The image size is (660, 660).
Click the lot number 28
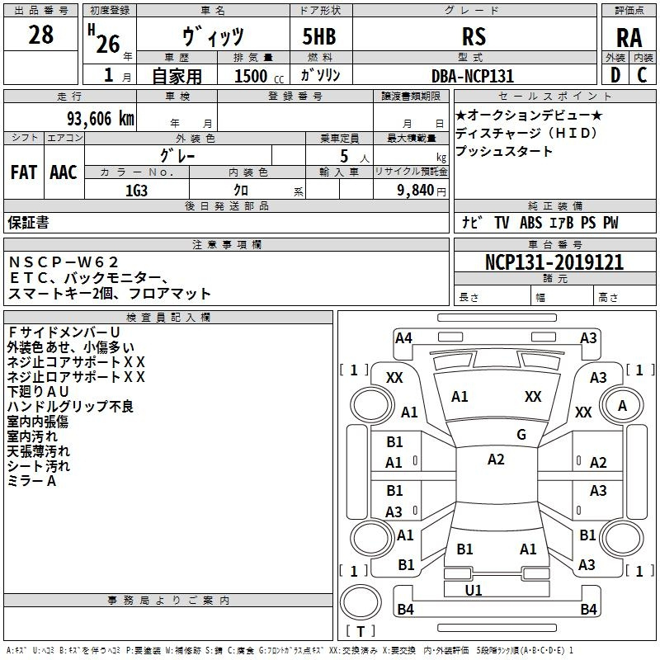(40, 35)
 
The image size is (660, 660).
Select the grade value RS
(474, 36)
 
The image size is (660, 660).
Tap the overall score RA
(629, 38)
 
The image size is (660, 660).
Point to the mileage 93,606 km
(100, 119)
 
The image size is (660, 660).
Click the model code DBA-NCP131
(473, 76)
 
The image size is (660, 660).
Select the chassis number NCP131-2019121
(554, 262)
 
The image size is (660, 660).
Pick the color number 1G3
(136, 191)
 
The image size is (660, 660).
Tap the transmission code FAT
(24, 172)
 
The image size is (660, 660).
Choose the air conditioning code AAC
(64, 172)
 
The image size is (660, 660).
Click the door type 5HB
(319, 36)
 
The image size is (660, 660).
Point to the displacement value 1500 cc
(259, 76)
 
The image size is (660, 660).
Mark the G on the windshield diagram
(521, 435)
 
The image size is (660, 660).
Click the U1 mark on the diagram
(474, 591)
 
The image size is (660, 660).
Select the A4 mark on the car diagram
(403, 338)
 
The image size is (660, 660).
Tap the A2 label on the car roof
(496, 460)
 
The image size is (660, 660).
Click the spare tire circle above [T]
(361, 602)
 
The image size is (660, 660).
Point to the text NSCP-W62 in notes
(64, 262)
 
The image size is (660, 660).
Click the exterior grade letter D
(615, 75)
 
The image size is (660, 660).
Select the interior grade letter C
(642, 75)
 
